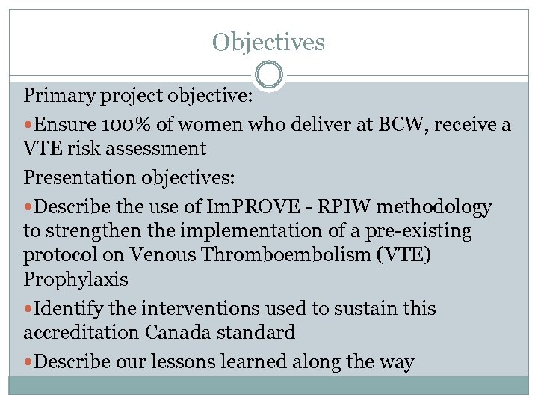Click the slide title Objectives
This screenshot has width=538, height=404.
[268, 41]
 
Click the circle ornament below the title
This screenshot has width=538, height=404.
[268, 76]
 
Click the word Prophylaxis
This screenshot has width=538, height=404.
[75, 281]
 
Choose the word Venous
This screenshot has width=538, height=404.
[157, 255]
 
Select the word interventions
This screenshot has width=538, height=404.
[192, 308]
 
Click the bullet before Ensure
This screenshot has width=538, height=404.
[28, 125]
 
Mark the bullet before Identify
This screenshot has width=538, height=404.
[28, 308]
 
